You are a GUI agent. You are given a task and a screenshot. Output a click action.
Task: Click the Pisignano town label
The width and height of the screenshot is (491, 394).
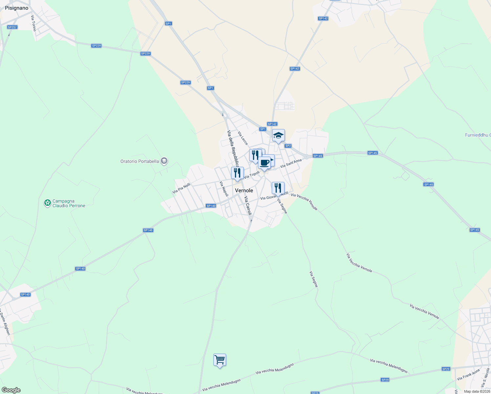(x=17, y=8)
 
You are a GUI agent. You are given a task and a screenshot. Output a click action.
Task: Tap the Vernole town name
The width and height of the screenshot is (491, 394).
(x=244, y=190)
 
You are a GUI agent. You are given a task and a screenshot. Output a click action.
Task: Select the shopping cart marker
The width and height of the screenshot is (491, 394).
(x=220, y=360)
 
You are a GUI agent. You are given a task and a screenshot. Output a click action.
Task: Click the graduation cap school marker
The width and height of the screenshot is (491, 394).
(x=278, y=136)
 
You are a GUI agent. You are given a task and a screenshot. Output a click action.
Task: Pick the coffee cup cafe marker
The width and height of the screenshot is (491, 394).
(x=264, y=163)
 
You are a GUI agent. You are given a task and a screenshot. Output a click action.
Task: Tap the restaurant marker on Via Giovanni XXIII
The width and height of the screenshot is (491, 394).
(x=278, y=188)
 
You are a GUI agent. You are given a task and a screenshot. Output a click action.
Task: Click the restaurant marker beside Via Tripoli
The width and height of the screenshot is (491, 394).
(x=237, y=173)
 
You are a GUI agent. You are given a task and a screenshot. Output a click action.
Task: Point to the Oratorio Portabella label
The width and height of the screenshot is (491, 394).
(x=140, y=161)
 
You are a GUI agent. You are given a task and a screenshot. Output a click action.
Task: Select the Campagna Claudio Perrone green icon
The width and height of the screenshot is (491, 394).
(x=48, y=203)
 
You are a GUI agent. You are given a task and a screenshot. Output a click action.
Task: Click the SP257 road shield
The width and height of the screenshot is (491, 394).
(x=12, y=27)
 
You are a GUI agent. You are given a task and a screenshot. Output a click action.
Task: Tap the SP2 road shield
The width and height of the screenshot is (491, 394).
(x=288, y=146)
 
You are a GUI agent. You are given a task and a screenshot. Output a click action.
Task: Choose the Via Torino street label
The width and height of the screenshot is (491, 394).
(x=33, y=23)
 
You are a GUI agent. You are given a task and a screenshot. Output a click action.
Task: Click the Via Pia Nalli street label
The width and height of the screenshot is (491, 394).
(x=181, y=188)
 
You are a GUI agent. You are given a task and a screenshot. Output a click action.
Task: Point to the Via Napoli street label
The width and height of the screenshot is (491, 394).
(x=224, y=189)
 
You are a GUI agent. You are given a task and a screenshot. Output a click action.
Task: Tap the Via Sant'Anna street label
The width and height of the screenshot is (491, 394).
(x=291, y=164)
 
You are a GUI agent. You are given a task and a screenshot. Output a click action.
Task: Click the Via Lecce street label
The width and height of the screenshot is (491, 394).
(x=243, y=138)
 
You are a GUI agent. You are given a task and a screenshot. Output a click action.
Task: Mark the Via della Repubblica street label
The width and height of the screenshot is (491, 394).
(x=233, y=148)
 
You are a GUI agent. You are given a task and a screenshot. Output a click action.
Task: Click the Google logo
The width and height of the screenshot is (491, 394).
(x=11, y=390)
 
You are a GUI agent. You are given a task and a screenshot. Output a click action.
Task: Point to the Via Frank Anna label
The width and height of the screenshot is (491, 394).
(x=468, y=375)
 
